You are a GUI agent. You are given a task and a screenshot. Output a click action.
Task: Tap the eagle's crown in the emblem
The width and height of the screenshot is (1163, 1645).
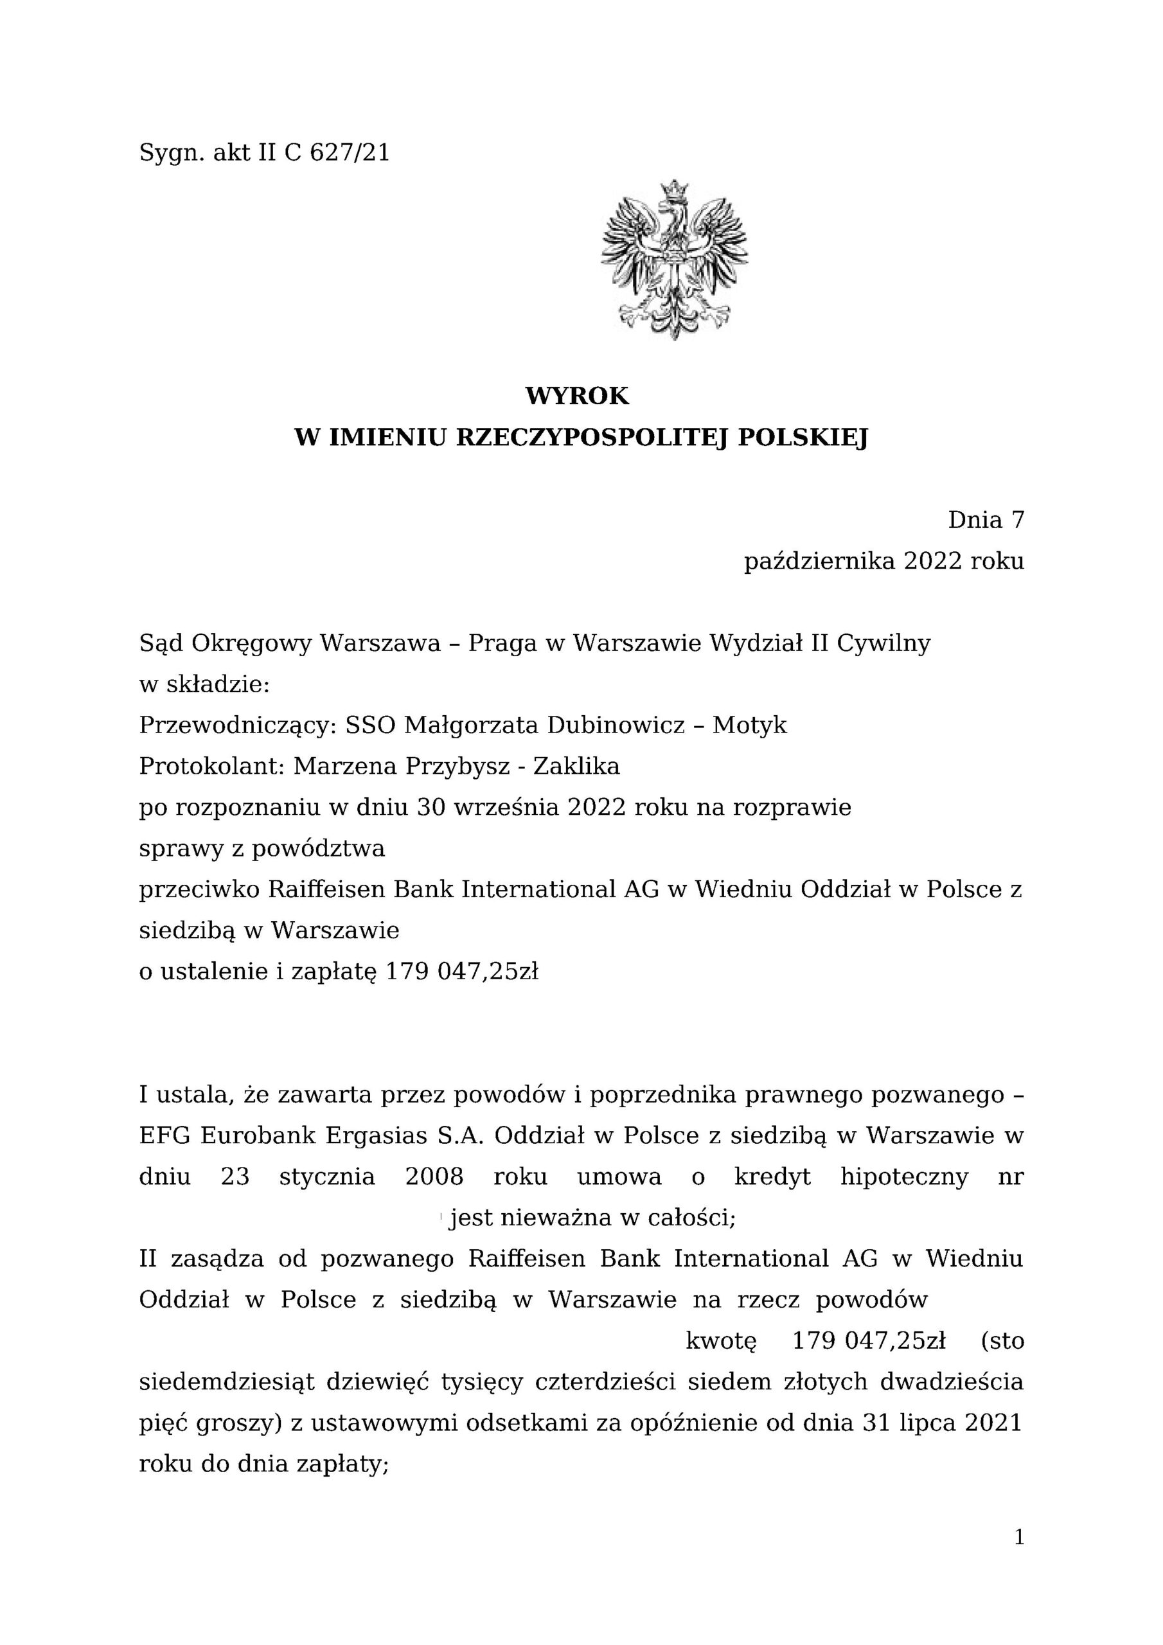pyautogui.click(x=673, y=191)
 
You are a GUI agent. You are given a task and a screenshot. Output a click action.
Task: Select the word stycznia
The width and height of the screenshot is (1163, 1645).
pyautogui.click(x=327, y=1177)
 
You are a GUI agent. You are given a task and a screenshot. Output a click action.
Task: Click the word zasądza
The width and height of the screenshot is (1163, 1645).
pyautogui.click(x=218, y=1259)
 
